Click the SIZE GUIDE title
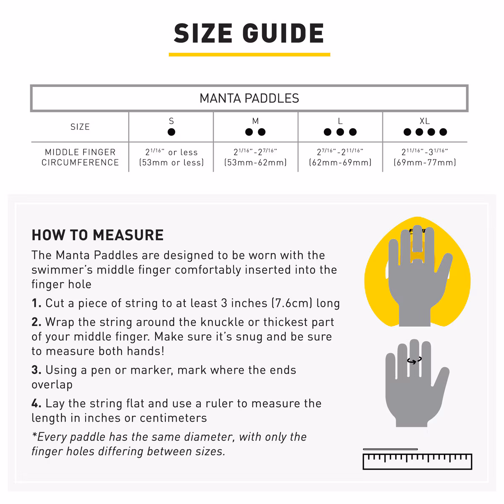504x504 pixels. tap(249, 33)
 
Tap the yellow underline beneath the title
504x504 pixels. tap(249, 55)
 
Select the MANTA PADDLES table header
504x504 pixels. tap(249, 98)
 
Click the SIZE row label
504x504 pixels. tap(80, 127)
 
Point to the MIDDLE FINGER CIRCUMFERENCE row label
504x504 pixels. tap(80, 157)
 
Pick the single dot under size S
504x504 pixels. tap(171, 132)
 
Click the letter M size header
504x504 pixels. tap(255, 121)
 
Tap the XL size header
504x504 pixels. tap(425, 121)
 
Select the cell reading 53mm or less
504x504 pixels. tap(171, 157)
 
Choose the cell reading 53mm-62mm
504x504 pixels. tap(255, 157)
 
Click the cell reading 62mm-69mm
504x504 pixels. tap(340, 157)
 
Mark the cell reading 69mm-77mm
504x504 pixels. tap(425, 157)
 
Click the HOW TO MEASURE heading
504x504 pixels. tap(97, 235)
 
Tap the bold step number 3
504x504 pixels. tap(37, 370)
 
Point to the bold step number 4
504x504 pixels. tap(37, 403)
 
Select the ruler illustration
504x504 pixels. tap(417, 462)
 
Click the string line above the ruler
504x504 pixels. tap(390, 449)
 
